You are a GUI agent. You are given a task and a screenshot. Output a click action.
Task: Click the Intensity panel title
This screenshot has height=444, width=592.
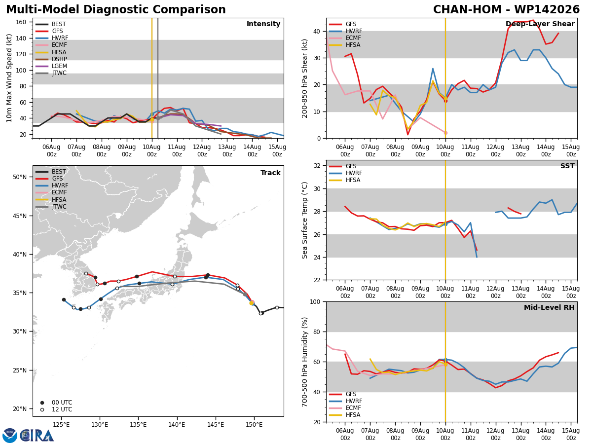point(263,24)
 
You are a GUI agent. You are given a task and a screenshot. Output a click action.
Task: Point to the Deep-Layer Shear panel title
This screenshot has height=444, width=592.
point(540,24)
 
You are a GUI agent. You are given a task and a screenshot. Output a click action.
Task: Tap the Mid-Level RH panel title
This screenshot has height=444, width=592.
point(549,307)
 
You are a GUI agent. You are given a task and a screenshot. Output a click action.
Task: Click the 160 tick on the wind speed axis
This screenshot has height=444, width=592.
point(21,22)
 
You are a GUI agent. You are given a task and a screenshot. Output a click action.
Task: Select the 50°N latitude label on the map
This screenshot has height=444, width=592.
point(20,177)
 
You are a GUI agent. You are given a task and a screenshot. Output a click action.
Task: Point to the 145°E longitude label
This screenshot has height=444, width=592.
point(216,425)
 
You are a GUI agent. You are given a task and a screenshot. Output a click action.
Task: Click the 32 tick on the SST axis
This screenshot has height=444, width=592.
point(317,166)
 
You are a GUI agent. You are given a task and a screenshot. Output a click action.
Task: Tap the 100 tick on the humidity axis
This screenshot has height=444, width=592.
point(315,302)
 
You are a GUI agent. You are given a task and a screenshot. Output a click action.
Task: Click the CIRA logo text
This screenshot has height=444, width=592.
point(37,436)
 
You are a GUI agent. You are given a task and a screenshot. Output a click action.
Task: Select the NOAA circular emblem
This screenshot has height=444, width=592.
point(10,436)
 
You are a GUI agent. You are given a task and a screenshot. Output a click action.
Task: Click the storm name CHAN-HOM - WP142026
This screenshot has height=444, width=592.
point(506,10)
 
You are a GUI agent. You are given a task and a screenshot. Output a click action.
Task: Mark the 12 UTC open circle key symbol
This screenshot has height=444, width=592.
point(42,410)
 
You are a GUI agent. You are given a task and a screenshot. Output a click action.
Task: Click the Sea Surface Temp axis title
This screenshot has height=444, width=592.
point(305,221)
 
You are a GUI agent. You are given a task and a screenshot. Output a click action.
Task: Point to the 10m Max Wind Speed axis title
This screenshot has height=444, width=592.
point(9,78)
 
